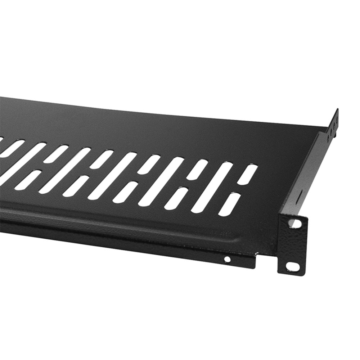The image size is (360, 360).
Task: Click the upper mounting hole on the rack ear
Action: [x=295, y=223]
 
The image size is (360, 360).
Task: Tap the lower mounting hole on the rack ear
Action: [x=292, y=267]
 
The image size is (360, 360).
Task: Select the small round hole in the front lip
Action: [x=227, y=259]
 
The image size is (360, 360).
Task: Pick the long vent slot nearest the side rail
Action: [x=212, y=187]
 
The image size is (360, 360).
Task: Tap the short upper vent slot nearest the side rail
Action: [x=247, y=174]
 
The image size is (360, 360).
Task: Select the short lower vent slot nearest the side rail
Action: [x=229, y=204]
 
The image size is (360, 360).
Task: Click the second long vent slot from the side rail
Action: [x=161, y=182]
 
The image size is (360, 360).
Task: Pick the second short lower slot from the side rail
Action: [x=177, y=198]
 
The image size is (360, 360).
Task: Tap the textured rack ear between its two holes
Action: [x=293, y=246]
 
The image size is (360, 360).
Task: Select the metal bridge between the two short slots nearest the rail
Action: [x=238, y=189]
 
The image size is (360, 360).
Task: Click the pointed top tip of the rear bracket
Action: [x=337, y=110]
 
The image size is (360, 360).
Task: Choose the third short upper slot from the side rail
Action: [x=149, y=164]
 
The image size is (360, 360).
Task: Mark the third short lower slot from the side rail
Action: [x=125, y=192]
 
